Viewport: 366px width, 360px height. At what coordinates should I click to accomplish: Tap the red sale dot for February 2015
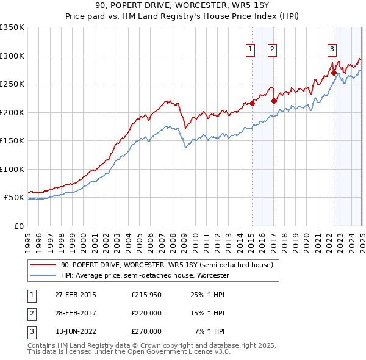[x=252, y=104]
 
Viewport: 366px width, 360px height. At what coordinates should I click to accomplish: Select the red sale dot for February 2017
[x=274, y=101]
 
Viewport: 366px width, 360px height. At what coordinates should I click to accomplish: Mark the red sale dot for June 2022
[x=334, y=73]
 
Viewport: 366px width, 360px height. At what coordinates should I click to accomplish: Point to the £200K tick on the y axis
[x=12, y=112]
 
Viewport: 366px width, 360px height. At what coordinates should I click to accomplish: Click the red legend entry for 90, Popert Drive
[x=170, y=265]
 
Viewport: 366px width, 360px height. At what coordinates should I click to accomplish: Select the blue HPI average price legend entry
[x=145, y=275]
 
